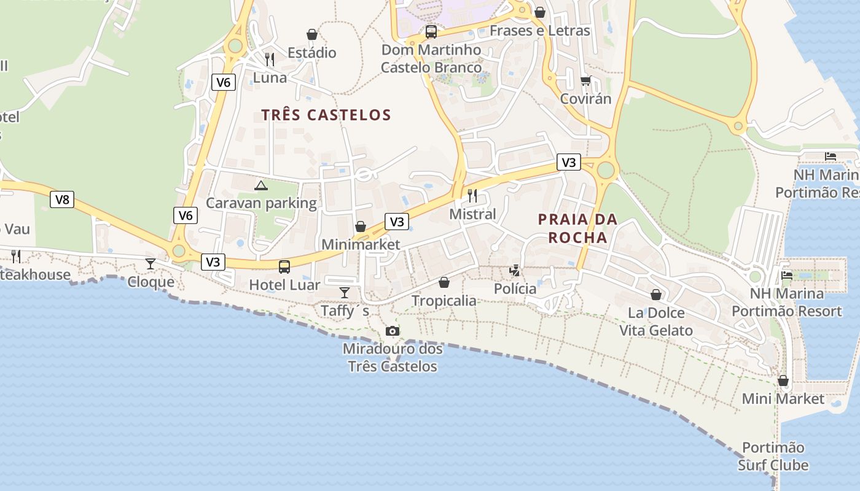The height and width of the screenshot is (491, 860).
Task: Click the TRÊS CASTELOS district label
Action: [326, 115]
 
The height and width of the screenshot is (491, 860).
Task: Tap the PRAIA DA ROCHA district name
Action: [577, 228]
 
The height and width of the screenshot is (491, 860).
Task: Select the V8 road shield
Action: [62, 199]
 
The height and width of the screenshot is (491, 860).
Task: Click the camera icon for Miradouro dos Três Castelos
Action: [393, 331]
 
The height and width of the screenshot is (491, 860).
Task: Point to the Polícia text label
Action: [515, 288]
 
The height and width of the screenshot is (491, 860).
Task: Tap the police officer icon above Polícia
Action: [515, 270]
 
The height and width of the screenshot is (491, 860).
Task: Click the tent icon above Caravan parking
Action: [261, 185]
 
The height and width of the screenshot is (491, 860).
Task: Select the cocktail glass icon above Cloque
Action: [150, 264]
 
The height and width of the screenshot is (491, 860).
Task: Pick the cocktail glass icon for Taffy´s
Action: [345, 292]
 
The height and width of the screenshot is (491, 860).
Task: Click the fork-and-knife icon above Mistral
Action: [472, 196]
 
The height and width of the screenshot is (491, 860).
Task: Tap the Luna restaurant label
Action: [270, 78]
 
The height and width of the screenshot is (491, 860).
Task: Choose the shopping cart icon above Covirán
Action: [585, 80]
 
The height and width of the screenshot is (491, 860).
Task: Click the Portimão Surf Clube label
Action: [773, 456]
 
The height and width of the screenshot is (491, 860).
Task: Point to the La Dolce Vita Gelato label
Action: [655, 322]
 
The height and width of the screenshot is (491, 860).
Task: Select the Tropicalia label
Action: [444, 301]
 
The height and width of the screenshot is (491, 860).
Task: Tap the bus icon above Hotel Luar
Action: [284, 267]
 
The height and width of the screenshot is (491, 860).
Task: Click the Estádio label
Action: [312, 53]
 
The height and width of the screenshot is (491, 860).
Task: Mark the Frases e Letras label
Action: [539, 31]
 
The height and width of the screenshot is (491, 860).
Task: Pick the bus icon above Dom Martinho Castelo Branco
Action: [431, 31]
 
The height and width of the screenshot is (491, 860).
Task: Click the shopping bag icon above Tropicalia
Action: [444, 282]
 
